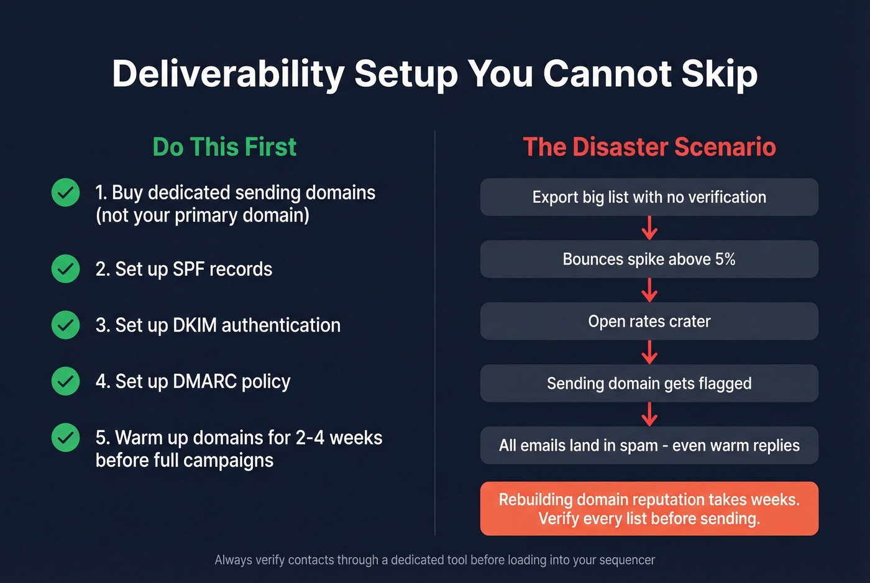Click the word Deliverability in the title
(x=227, y=75)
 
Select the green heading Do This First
(x=224, y=147)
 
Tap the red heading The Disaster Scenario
(x=649, y=147)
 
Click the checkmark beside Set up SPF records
(x=65, y=269)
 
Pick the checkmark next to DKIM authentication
(x=65, y=325)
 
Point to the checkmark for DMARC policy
(x=65, y=381)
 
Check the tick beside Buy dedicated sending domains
(x=65, y=192)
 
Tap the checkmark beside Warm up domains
(x=65, y=438)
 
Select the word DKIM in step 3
(x=195, y=325)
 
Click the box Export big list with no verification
(x=649, y=197)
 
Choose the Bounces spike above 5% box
(x=649, y=259)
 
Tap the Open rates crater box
(x=649, y=321)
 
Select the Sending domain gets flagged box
(x=649, y=383)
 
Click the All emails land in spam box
(x=649, y=445)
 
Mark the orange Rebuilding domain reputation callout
(x=649, y=508)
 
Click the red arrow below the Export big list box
(x=649, y=228)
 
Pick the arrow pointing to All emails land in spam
(x=649, y=414)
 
